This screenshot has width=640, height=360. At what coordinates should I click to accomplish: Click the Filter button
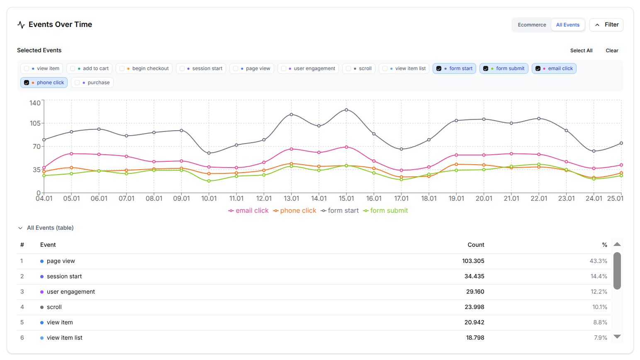pos(606,25)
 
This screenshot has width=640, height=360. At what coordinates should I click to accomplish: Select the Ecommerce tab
pos(531,25)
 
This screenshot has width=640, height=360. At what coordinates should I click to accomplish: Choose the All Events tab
pos(567,25)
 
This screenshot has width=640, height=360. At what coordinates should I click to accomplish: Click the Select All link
pos(581,51)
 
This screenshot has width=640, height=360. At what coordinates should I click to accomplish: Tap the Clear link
pos(611,51)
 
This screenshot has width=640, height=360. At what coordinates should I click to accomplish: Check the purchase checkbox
pos(77,83)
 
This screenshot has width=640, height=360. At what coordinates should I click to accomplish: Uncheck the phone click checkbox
pos(27,83)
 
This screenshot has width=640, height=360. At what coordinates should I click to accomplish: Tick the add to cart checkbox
pos(73,68)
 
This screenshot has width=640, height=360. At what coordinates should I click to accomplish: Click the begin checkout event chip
pos(145,68)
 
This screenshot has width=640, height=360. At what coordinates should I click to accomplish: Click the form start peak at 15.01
pos(346,110)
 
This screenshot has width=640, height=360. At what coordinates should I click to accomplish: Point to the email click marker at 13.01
pos(292,149)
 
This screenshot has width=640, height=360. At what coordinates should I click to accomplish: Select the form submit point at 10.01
pos(209,181)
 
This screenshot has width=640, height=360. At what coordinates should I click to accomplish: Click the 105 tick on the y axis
pos(35,123)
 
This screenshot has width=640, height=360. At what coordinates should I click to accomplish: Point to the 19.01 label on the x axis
pos(456,199)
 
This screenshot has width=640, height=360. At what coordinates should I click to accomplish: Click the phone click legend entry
pos(294,211)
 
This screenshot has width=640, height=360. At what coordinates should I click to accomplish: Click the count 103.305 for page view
pos(473,261)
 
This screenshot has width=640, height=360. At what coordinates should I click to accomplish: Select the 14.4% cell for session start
pos(599,276)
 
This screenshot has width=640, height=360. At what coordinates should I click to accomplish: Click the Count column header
pos(476,245)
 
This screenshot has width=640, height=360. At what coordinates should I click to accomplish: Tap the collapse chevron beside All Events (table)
pos(20,228)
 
